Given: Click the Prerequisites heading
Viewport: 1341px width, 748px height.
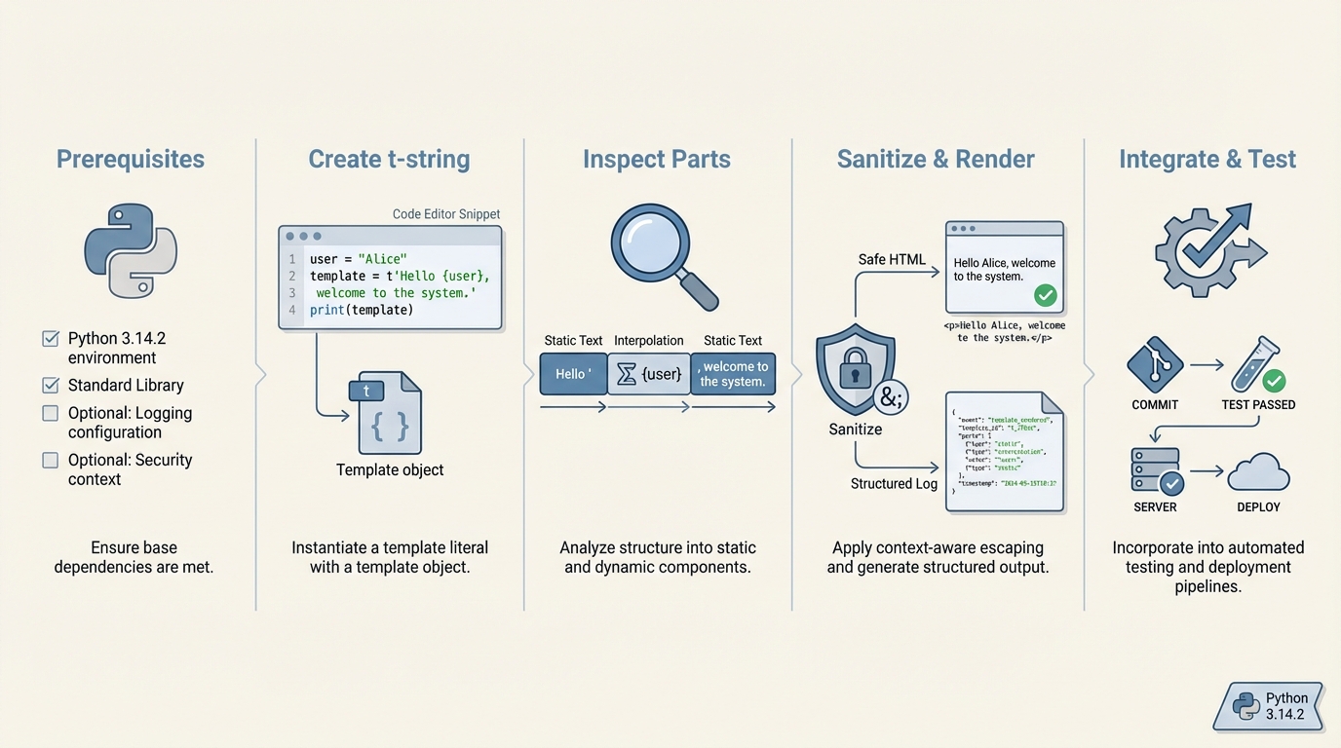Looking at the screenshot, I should coord(131,160).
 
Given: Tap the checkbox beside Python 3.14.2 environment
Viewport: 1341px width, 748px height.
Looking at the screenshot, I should coord(51,339).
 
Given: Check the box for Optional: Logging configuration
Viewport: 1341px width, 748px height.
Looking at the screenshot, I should coord(51,413).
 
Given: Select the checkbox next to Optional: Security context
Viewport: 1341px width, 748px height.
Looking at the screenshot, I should coord(51,460).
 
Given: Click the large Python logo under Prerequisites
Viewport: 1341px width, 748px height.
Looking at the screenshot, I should coord(131,250).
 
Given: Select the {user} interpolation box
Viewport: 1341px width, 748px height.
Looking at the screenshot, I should coord(649,374).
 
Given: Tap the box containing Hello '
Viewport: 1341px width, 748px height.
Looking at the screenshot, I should coord(573,374).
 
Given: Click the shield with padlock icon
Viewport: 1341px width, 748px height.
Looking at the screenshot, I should coord(855,369).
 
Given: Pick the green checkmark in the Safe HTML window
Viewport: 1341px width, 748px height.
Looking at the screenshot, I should coord(1046,295).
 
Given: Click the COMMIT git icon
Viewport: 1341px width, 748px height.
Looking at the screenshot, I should coord(1155,365).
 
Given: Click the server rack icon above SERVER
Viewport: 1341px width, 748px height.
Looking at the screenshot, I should coord(1156,469).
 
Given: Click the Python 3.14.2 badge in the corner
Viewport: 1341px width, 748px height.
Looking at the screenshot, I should coord(1270,707).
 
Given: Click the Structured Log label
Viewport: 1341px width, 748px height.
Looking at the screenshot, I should coord(894,484).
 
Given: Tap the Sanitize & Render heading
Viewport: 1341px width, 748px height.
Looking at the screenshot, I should coord(936,160).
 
